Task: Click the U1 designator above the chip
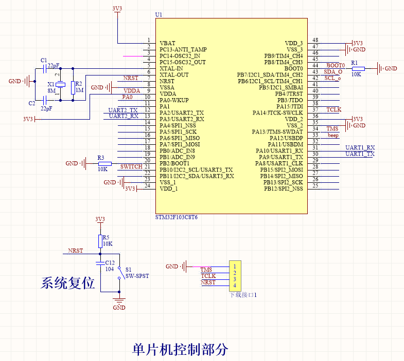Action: (159, 14)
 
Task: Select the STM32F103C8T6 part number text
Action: (176, 218)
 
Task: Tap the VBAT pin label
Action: (167, 43)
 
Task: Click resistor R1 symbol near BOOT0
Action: (358, 68)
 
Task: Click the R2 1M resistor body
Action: (74, 87)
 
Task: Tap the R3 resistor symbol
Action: (104, 163)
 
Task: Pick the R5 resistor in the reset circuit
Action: (100, 241)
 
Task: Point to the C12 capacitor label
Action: (110, 262)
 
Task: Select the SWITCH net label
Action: (131, 167)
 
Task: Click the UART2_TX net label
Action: (123, 110)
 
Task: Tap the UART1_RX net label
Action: (360, 148)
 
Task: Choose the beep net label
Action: (333, 136)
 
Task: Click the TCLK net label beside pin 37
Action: (333, 110)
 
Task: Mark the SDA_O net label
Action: (333, 72)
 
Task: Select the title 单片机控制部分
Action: (180, 350)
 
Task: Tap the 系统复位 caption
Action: (68, 283)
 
